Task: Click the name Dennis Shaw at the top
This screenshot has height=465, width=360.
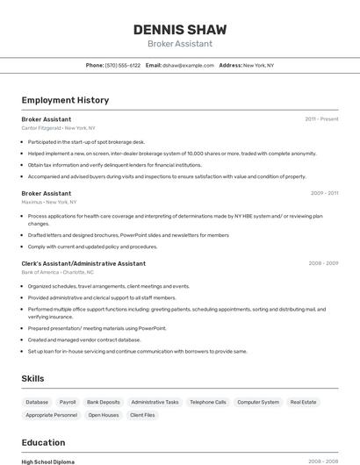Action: click(x=179, y=30)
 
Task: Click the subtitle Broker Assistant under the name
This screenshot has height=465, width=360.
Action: click(x=179, y=44)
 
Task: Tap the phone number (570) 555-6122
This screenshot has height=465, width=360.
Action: click(x=123, y=66)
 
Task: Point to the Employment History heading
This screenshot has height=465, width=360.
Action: click(x=65, y=100)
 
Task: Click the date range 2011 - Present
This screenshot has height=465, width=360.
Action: click(x=321, y=119)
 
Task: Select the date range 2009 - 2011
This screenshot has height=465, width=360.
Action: click(x=324, y=193)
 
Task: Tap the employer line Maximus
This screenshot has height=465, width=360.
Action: click(x=45, y=202)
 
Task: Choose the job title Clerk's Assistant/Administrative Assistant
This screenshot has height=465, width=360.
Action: click(x=83, y=263)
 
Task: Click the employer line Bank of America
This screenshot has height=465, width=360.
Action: click(x=57, y=272)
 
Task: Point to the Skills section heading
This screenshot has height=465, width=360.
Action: click(x=33, y=378)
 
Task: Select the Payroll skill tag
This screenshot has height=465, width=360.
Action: click(x=68, y=402)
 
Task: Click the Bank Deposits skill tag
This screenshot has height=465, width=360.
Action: click(x=104, y=402)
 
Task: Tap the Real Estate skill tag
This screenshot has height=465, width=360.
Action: click(x=303, y=402)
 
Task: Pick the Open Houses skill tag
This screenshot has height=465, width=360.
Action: click(x=104, y=415)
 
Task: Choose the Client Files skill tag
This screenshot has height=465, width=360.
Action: click(x=142, y=415)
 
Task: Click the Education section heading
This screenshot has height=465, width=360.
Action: click(x=43, y=443)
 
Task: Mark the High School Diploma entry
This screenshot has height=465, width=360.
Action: click(x=48, y=461)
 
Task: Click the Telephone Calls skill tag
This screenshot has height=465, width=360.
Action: click(x=208, y=402)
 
